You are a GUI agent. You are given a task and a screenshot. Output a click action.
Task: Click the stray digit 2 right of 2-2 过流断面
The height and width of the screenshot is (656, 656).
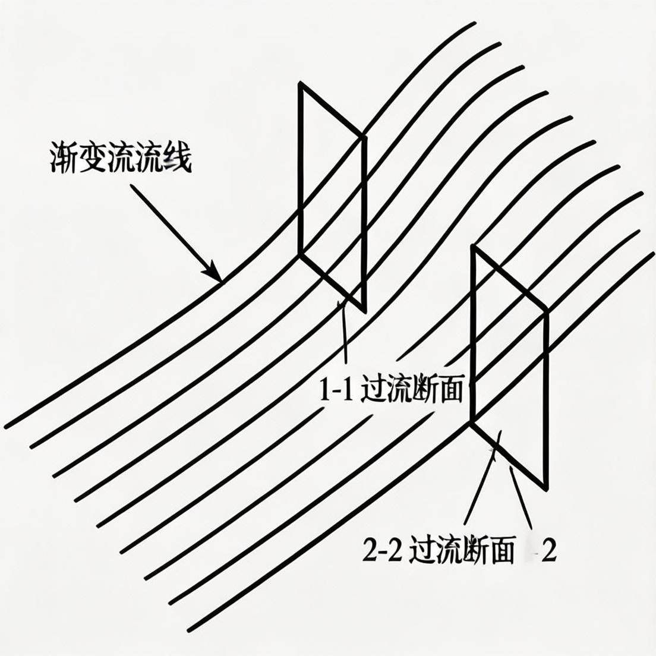pyautogui.click(x=549, y=552)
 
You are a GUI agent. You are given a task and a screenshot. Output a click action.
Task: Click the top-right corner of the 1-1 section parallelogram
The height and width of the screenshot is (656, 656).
pyautogui.click(x=364, y=137)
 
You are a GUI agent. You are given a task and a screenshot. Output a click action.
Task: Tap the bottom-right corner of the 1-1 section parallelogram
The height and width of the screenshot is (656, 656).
pyautogui.click(x=363, y=310)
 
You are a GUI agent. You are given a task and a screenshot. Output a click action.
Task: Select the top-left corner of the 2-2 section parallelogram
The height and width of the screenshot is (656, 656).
pyautogui.click(x=473, y=247)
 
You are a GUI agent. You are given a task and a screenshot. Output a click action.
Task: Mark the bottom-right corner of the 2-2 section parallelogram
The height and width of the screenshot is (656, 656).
pyautogui.click(x=545, y=488)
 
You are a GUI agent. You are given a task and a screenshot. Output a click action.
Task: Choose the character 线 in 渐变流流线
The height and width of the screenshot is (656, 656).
pyautogui.click(x=178, y=159)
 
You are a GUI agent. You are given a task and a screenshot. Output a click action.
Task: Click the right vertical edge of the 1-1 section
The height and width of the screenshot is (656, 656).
pyautogui.click(x=364, y=223)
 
